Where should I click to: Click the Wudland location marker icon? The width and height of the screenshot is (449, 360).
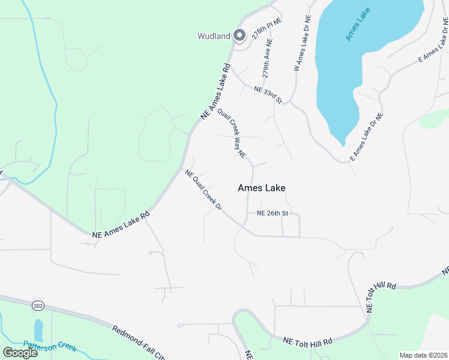(x=239, y=36)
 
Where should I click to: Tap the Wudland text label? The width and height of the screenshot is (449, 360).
(x=214, y=36)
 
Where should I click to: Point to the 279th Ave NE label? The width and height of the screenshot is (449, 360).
(x=267, y=60)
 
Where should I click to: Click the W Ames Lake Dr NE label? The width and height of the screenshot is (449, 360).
(x=302, y=43)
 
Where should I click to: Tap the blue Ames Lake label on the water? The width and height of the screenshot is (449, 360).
(x=358, y=25)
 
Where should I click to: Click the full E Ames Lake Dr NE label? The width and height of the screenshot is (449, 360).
(x=366, y=136)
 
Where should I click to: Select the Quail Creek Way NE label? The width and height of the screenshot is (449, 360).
(x=232, y=133)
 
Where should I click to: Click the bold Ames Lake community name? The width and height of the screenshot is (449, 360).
(x=261, y=188)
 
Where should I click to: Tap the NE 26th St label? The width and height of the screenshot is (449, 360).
(x=273, y=213)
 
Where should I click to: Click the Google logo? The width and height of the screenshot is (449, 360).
(x=20, y=352)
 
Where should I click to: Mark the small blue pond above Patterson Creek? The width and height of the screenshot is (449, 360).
(x=38, y=329)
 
